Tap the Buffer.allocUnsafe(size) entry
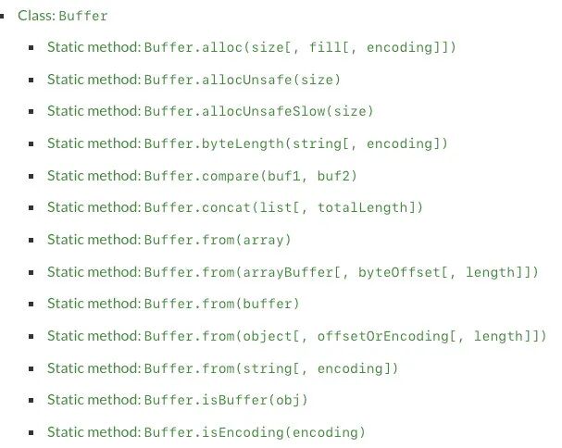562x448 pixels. [x=194, y=79]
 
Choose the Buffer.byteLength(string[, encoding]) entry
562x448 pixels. [x=247, y=143]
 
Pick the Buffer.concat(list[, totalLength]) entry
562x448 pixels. [x=235, y=207]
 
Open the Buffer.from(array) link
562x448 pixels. [x=169, y=240]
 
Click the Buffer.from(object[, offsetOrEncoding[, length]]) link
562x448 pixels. [x=296, y=336]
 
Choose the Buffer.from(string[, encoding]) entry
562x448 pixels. [x=223, y=368]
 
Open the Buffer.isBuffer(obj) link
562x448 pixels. [x=179, y=400]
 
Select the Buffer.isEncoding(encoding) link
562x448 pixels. [x=206, y=432]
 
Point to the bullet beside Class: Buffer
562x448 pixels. [x=7, y=17]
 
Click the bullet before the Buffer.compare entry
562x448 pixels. [x=31, y=176]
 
